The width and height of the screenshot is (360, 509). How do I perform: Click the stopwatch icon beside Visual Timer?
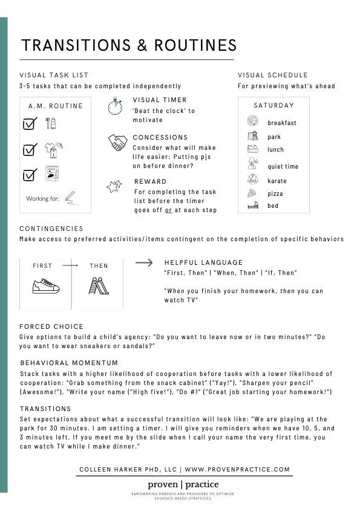click(116, 106)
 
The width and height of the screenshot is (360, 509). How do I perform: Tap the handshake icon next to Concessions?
click(117, 143)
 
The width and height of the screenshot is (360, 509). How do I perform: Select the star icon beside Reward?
click(114, 187)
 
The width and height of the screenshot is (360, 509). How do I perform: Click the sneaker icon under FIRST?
click(45, 285)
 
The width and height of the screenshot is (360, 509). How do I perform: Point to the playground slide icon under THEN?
click(99, 285)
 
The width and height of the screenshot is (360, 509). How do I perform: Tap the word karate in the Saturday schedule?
click(277, 181)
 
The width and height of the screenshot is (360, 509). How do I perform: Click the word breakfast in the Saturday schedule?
click(282, 123)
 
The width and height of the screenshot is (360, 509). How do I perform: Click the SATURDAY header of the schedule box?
click(273, 105)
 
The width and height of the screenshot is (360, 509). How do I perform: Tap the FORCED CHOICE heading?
click(51, 326)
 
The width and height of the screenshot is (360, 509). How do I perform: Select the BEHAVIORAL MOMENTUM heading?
click(69, 363)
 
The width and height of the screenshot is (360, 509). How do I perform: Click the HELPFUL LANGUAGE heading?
click(203, 262)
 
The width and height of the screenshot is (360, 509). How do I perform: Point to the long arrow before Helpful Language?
click(143, 262)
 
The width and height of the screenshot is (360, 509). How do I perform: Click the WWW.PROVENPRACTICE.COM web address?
click(237, 469)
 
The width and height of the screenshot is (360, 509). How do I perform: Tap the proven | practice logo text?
click(183, 484)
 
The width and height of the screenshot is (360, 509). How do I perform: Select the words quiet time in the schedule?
click(283, 166)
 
